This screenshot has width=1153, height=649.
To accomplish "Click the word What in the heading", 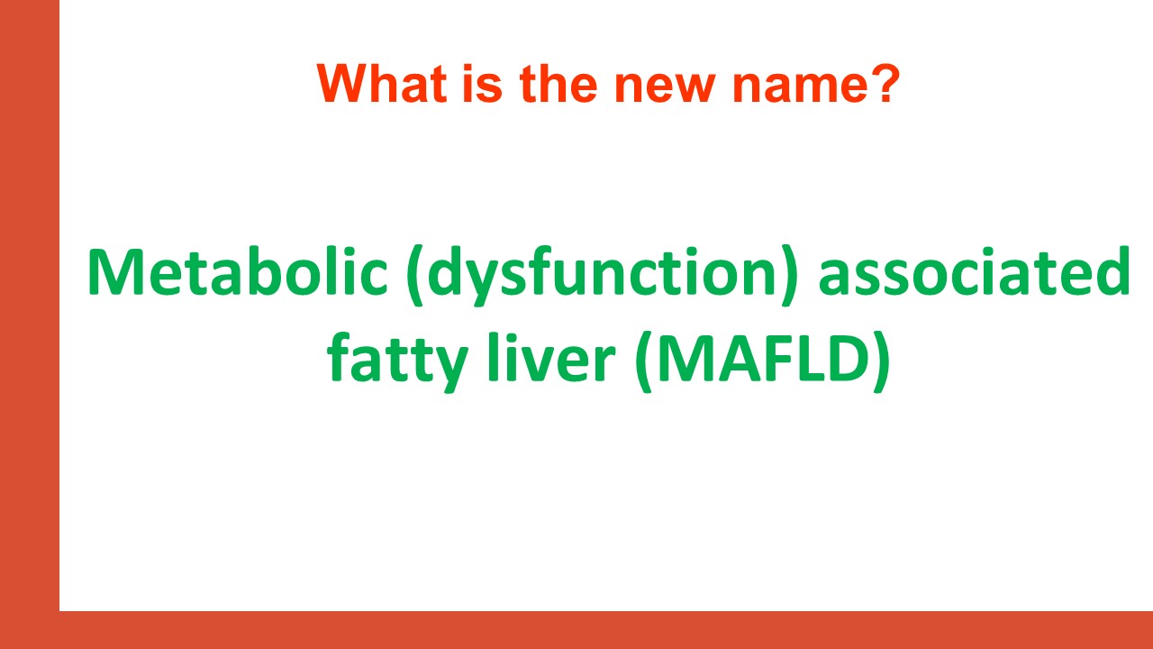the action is [382, 84].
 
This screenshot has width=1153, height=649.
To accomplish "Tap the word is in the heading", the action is [482, 84].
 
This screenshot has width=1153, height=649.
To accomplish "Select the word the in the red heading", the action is [558, 84].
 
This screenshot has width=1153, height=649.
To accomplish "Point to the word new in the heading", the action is [665, 88].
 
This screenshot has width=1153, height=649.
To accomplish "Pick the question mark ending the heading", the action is [882, 84].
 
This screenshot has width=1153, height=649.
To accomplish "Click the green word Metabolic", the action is [237, 271].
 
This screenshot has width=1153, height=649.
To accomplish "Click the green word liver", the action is [550, 357].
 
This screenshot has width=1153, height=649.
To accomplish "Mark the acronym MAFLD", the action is [764, 358].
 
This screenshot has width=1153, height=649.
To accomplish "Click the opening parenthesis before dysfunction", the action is [415, 276].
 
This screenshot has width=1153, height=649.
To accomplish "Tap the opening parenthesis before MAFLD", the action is [644, 362].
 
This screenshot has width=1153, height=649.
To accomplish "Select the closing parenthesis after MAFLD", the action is [882, 362].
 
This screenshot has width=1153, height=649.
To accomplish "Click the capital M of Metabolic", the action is [114, 272].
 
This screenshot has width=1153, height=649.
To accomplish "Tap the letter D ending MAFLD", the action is [849, 359].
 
